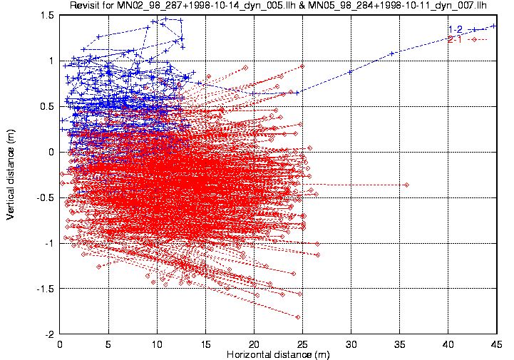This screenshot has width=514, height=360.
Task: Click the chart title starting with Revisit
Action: tap(278, 5)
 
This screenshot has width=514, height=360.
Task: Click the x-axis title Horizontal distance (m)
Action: tap(278, 354)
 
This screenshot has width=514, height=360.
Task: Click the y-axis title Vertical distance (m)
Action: tap(11, 175)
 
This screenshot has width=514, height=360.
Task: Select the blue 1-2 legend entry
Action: tap(468, 29)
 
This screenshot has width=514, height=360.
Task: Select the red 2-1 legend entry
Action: tap(468, 40)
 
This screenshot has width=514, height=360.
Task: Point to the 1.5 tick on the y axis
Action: tap(47, 16)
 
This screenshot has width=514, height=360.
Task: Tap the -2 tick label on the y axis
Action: tap(49, 334)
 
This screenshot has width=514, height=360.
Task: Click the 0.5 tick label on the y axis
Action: tap(47, 107)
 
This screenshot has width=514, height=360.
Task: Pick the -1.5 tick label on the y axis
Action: tap(46, 289)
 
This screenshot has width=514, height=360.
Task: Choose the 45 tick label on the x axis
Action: tap(497, 344)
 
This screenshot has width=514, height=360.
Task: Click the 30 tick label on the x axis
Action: tap(351, 344)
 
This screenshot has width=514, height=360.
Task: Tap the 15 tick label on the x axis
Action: tap(205, 344)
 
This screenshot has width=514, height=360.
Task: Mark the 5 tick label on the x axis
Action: tap(108, 344)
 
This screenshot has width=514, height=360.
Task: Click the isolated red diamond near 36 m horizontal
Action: tap(407, 185)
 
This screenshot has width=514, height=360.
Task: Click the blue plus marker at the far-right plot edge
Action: tap(493, 26)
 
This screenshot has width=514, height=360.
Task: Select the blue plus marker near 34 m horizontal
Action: tap(391, 53)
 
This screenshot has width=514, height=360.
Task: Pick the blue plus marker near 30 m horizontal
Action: tap(350, 72)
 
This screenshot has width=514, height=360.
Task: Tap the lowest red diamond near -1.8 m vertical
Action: tap(298, 317)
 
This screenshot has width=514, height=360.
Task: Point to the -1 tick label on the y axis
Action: tap(49, 243)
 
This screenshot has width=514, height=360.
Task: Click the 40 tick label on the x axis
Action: tap(448, 344)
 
